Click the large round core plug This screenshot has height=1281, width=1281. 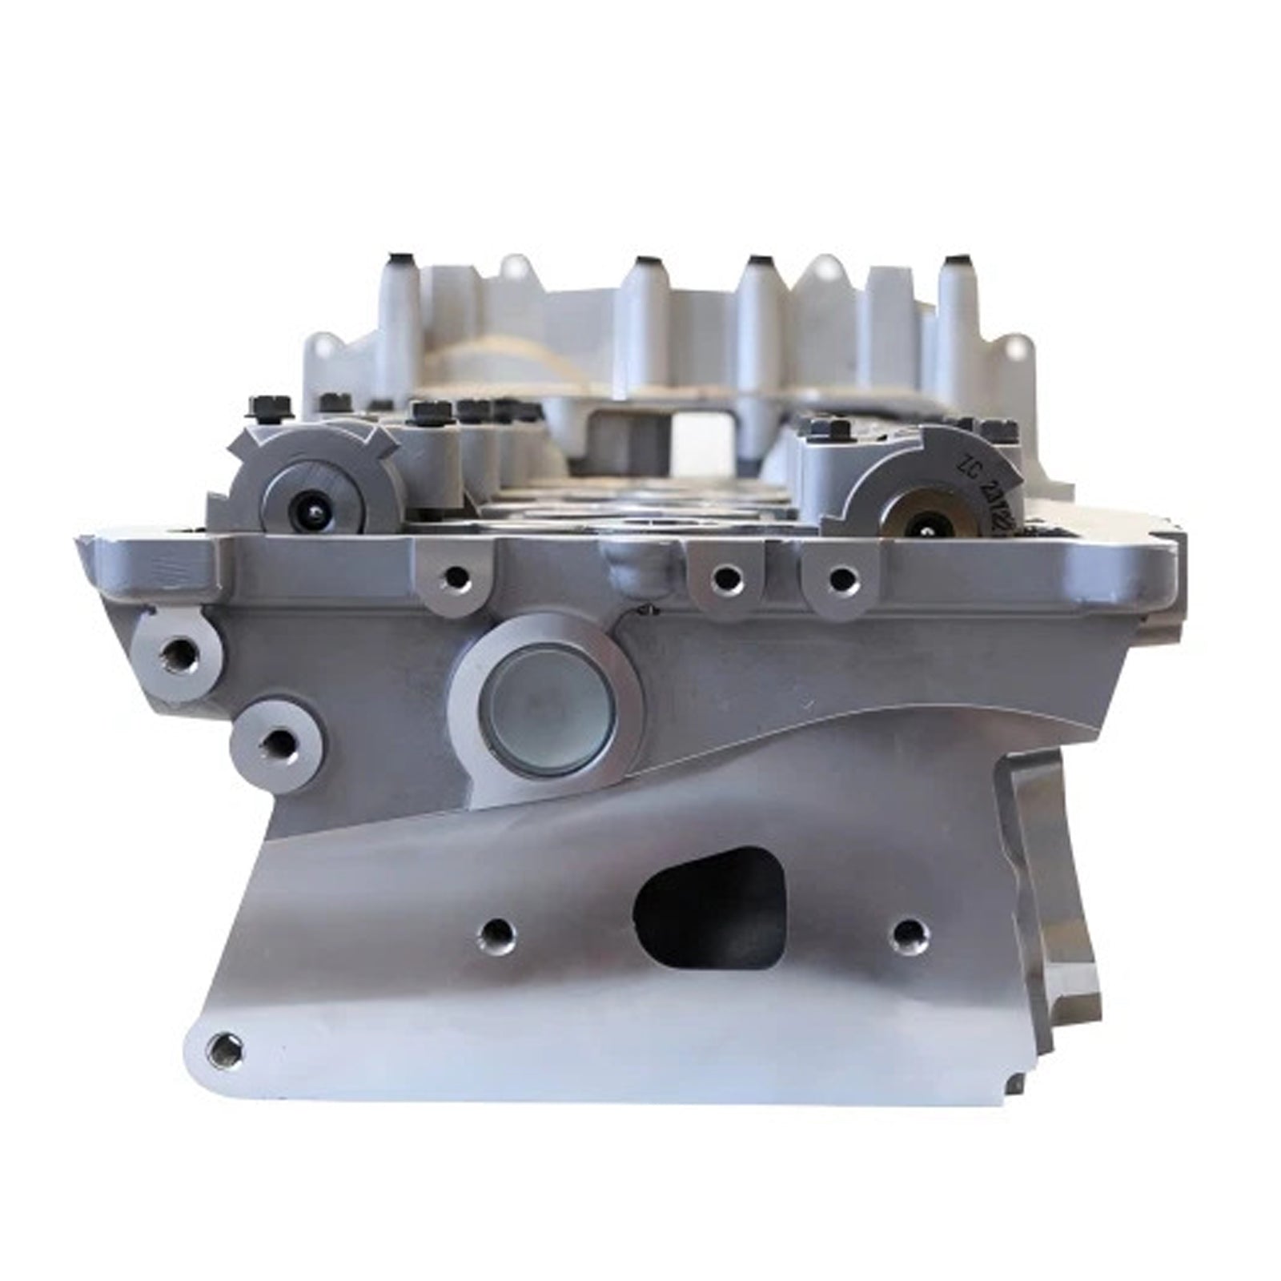coord(549,709)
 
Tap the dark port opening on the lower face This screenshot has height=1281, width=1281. coord(708,908)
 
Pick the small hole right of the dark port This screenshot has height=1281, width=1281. coord(908,932)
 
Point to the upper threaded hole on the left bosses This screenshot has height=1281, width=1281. coord(178,657)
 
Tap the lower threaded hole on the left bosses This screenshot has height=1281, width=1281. coord(275,746)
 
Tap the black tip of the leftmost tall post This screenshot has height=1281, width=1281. coord(398,260)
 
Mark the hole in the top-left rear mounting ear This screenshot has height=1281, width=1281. coord(324,348)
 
